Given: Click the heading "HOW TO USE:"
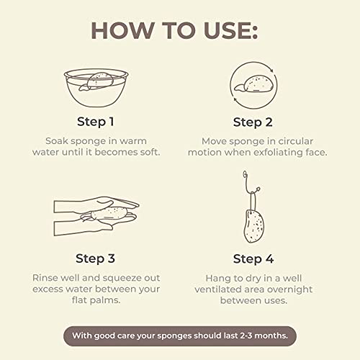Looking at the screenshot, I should click(x=179, y=31).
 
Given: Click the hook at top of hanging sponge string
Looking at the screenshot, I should click(x=246, y=175).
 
